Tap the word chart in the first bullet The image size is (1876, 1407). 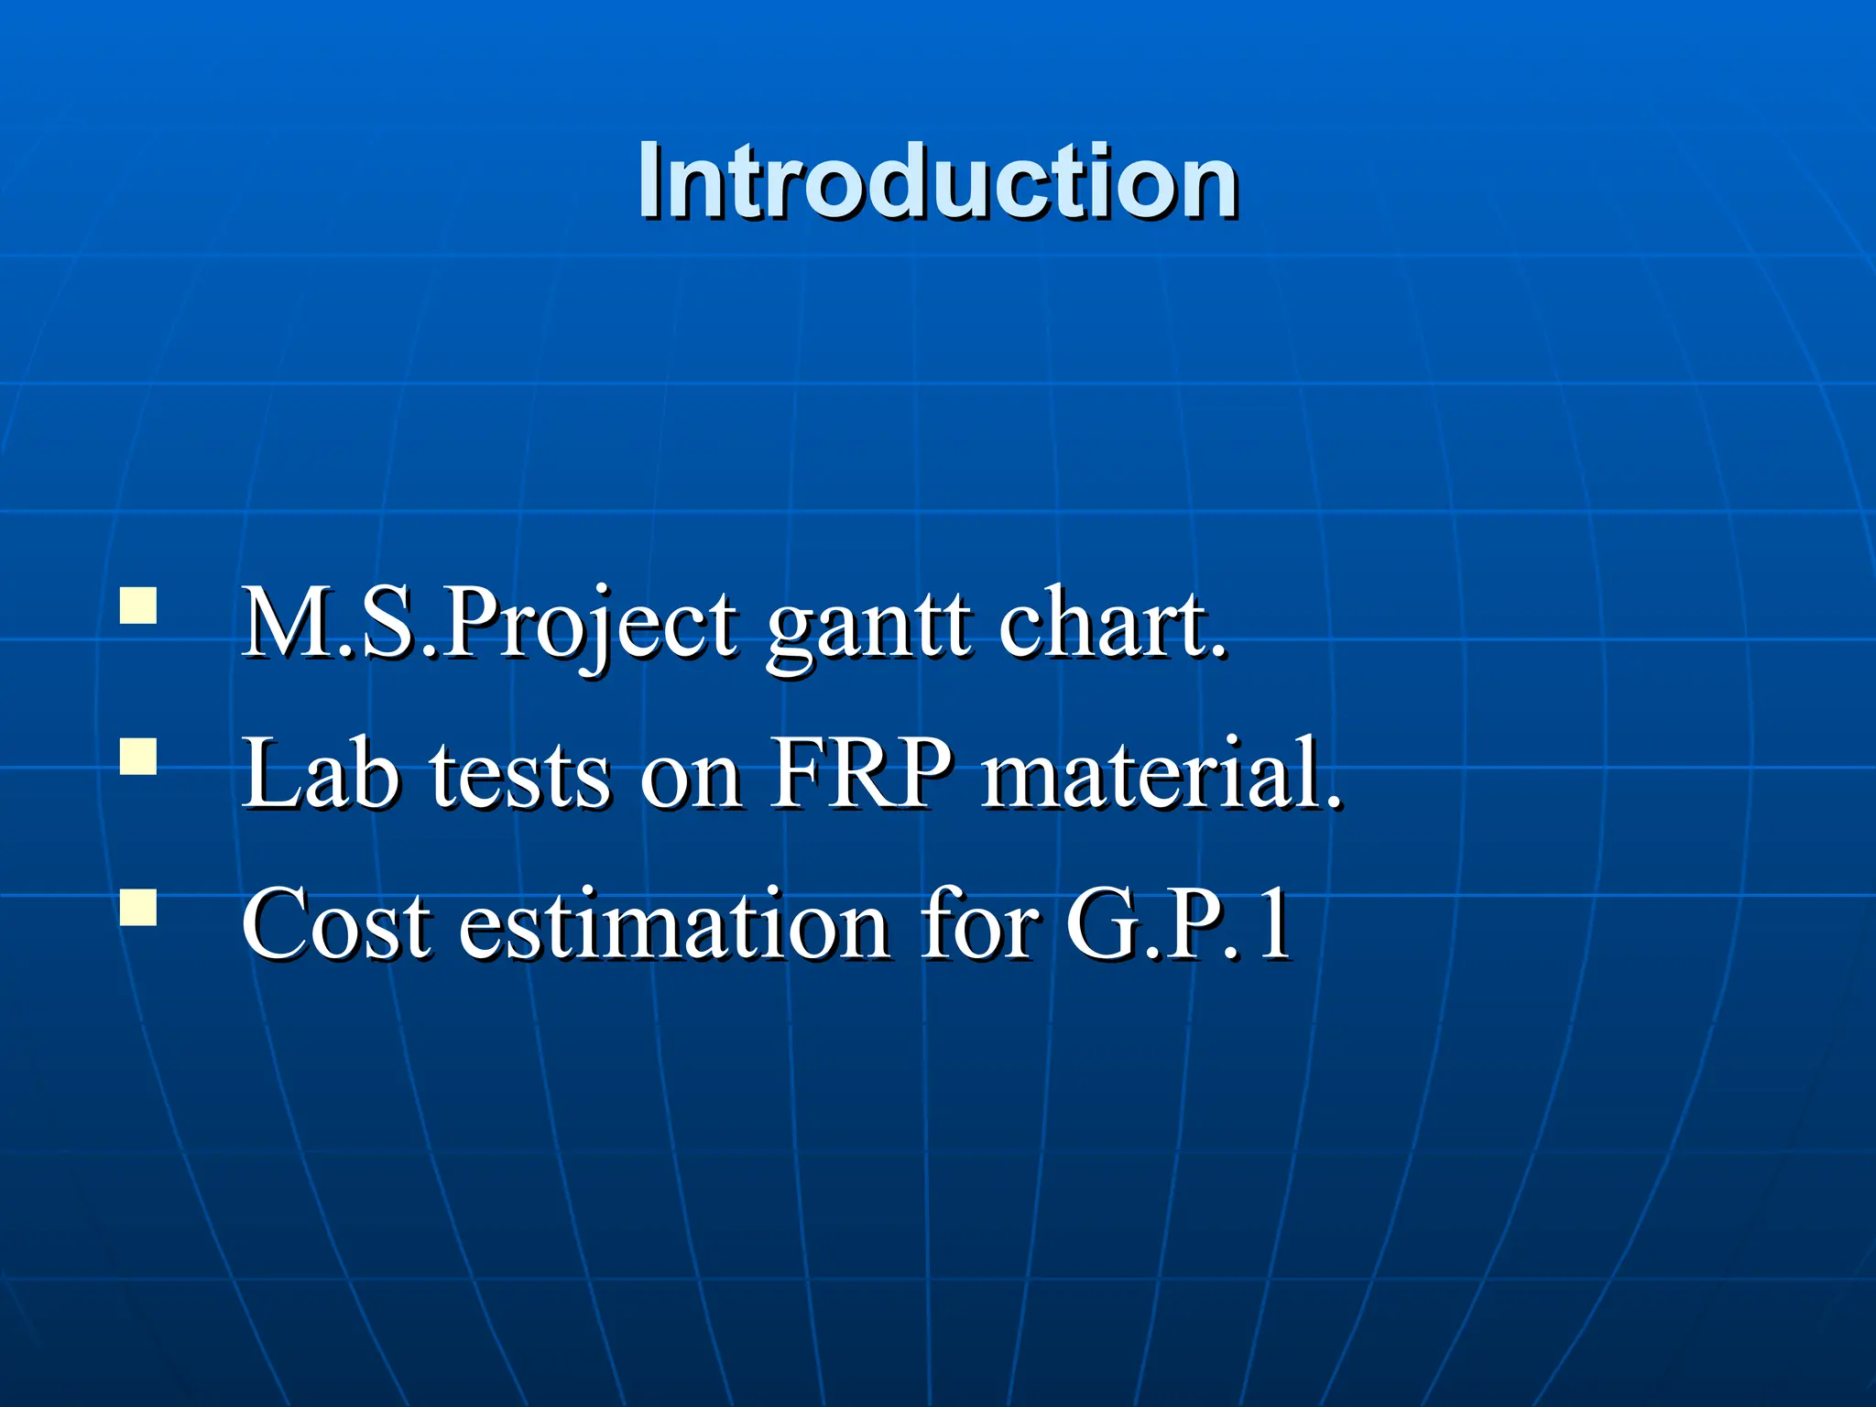tap(1100, 624)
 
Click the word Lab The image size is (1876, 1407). tap(321, 774)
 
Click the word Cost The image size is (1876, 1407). tap(335, 925)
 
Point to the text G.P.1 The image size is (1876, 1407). tap(1178, 925)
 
